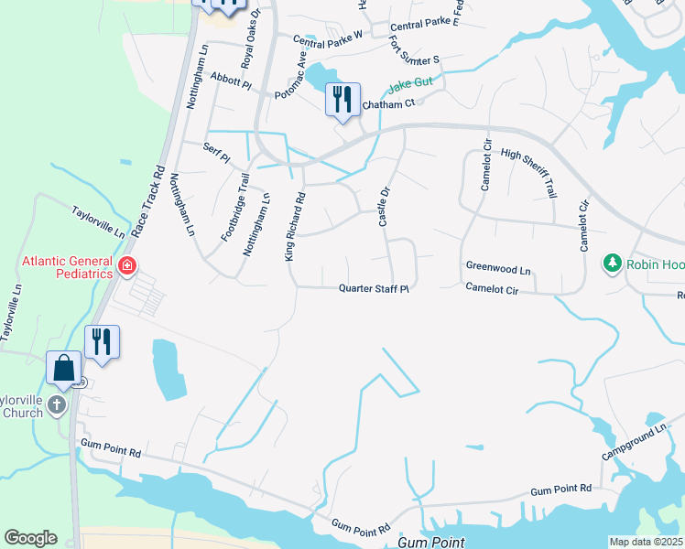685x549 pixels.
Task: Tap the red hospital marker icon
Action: point(127,268)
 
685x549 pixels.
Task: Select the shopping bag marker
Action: point(64,369)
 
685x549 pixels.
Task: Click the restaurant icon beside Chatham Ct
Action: point(343,99)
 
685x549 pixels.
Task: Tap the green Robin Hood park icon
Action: point(612,264)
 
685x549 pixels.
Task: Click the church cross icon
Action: point(58,404)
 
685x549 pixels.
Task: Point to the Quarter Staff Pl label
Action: point(373,288)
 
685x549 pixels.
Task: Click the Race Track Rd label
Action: point(147,202)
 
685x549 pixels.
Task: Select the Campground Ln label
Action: point(635,439)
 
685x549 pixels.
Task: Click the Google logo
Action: point(30,538)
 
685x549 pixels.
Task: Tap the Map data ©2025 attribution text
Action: point(646,542)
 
